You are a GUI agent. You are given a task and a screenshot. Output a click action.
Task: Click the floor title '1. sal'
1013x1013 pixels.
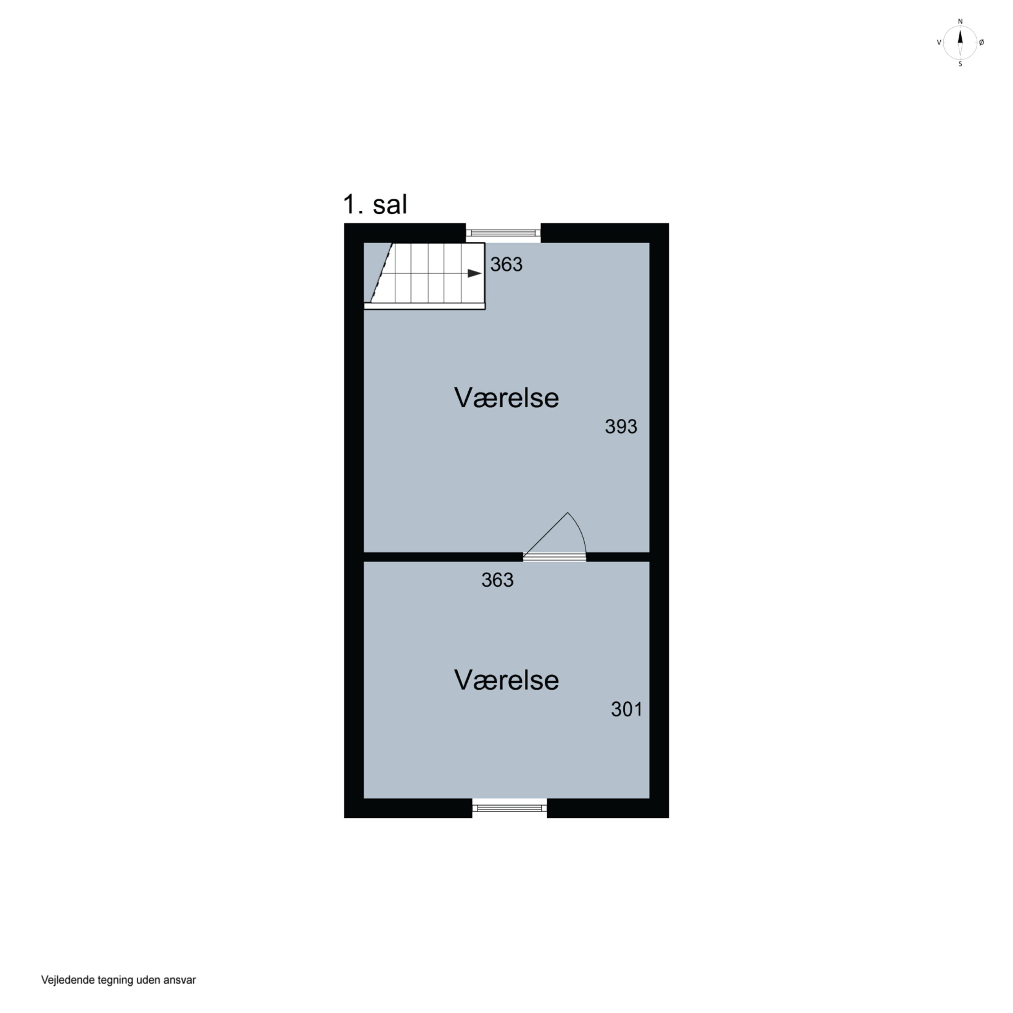click(x=375, y=205)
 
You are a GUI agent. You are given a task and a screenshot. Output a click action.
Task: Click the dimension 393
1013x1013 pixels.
click(x=621, y=427)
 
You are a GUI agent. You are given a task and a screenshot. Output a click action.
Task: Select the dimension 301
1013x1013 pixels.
click(x=627, y=709)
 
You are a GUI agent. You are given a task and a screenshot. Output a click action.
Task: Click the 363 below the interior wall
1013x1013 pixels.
click(x=497, y=580)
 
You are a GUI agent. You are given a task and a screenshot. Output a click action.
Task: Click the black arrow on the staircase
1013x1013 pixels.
click(x=474, y=273)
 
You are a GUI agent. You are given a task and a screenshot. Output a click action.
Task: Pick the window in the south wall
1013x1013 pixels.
click(x=510, y=808)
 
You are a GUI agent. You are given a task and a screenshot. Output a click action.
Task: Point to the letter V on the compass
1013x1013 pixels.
click(x=939, y=43)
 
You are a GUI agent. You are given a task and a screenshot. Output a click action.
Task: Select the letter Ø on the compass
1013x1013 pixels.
click(x=982, y=43)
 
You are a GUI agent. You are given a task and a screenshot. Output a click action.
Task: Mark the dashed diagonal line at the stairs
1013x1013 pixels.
click(x=382, y=272)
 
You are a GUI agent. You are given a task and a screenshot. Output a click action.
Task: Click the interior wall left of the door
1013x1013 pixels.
click(x=443, y=557)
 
